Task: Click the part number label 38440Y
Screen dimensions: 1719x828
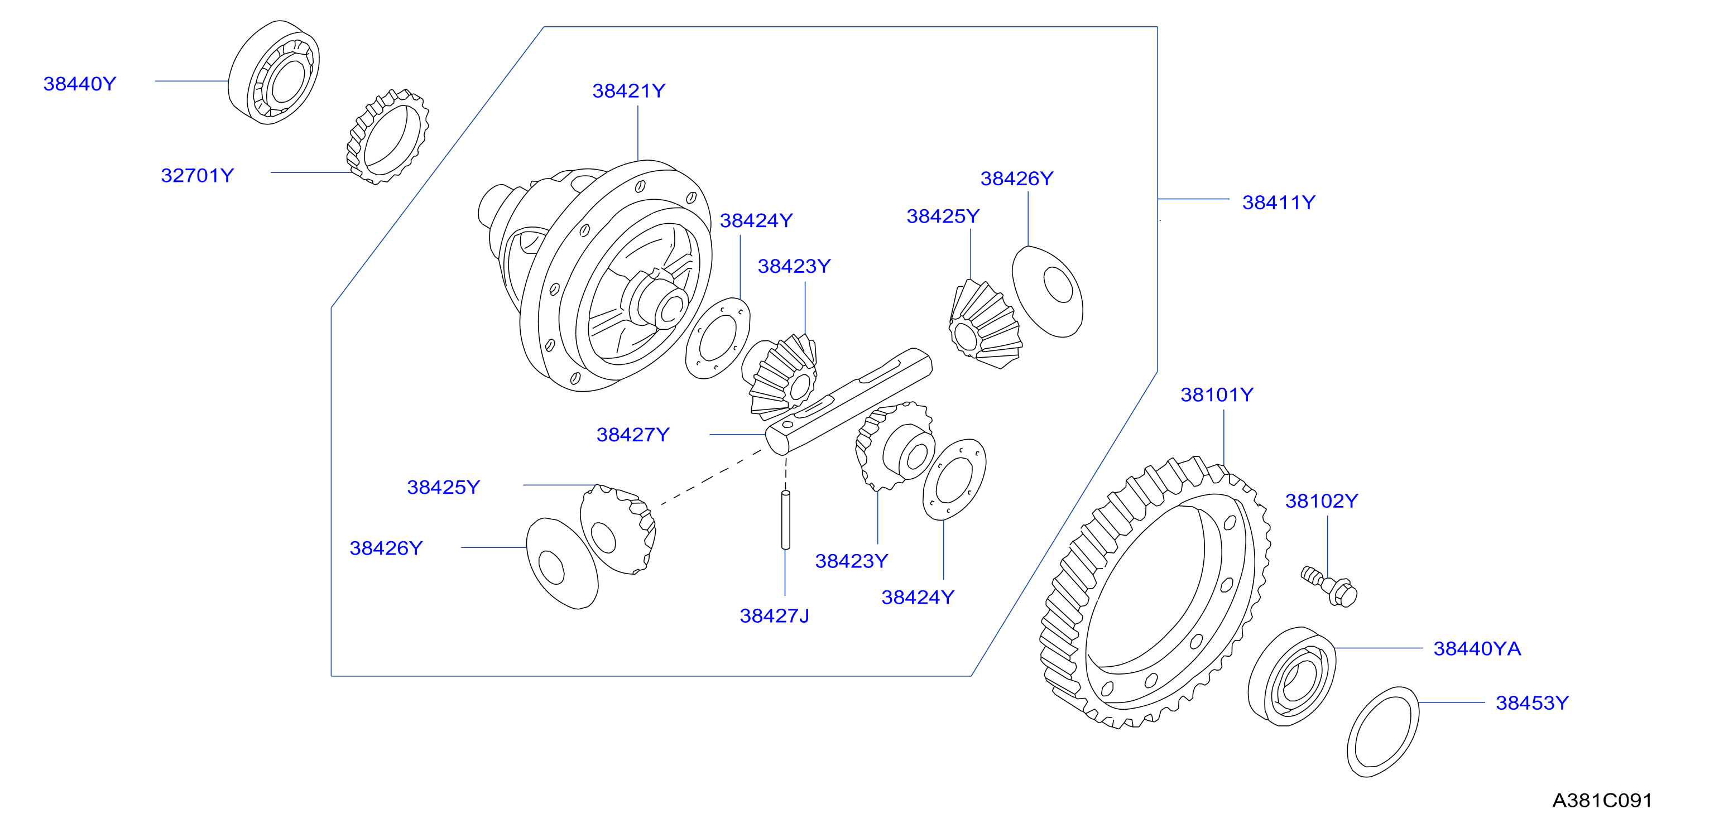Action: [79, 84]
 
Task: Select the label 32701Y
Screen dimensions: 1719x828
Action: [198, 175]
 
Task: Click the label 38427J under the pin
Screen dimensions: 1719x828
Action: [774, 616]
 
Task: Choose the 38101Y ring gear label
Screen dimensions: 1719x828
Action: [1217, 395]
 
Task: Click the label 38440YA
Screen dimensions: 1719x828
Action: [1477, 648]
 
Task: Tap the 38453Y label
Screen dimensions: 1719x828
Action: [1532, 702]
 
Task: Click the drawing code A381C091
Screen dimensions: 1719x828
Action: [1602, 800]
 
